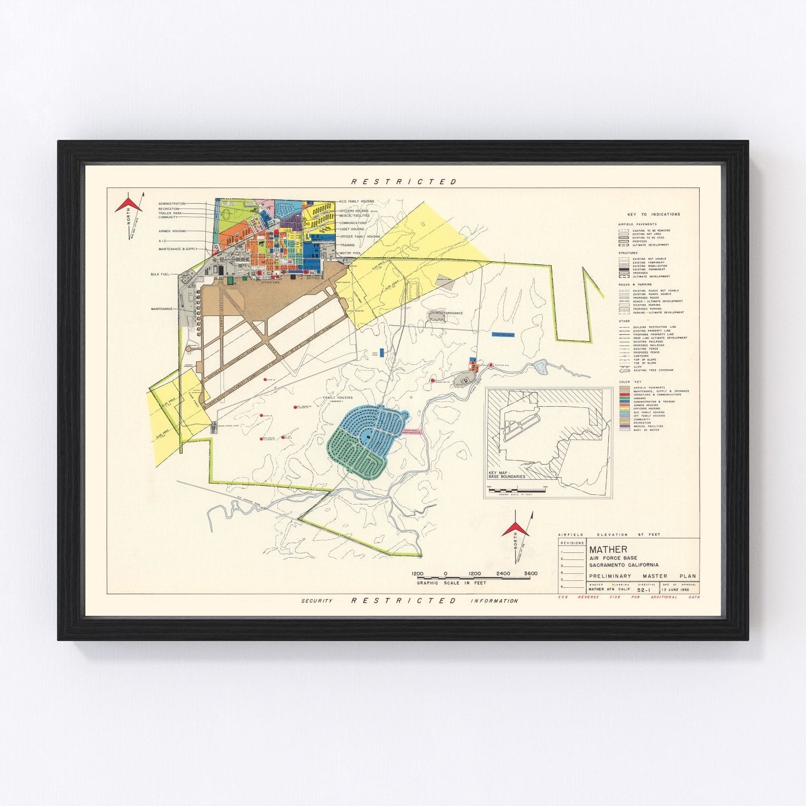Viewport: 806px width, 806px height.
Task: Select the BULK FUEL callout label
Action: click(160, 275)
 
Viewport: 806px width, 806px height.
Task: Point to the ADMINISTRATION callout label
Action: click(172, 204)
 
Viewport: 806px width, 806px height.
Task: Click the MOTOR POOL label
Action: click(349, 252)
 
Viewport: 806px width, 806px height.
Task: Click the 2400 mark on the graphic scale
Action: click(503, 573)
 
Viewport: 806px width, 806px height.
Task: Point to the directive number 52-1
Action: click(646, 589)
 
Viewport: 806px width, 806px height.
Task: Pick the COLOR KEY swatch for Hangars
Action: click(624, 398)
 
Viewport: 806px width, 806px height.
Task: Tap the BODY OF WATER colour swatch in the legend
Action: click(624, 430)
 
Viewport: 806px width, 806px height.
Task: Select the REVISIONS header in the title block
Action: click(572, 543)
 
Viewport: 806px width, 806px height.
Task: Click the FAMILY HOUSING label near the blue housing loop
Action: click(337, 398)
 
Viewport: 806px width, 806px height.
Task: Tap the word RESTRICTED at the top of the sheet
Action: click(403, 182)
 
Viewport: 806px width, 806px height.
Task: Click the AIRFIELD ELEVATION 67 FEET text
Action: click(609, 535)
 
